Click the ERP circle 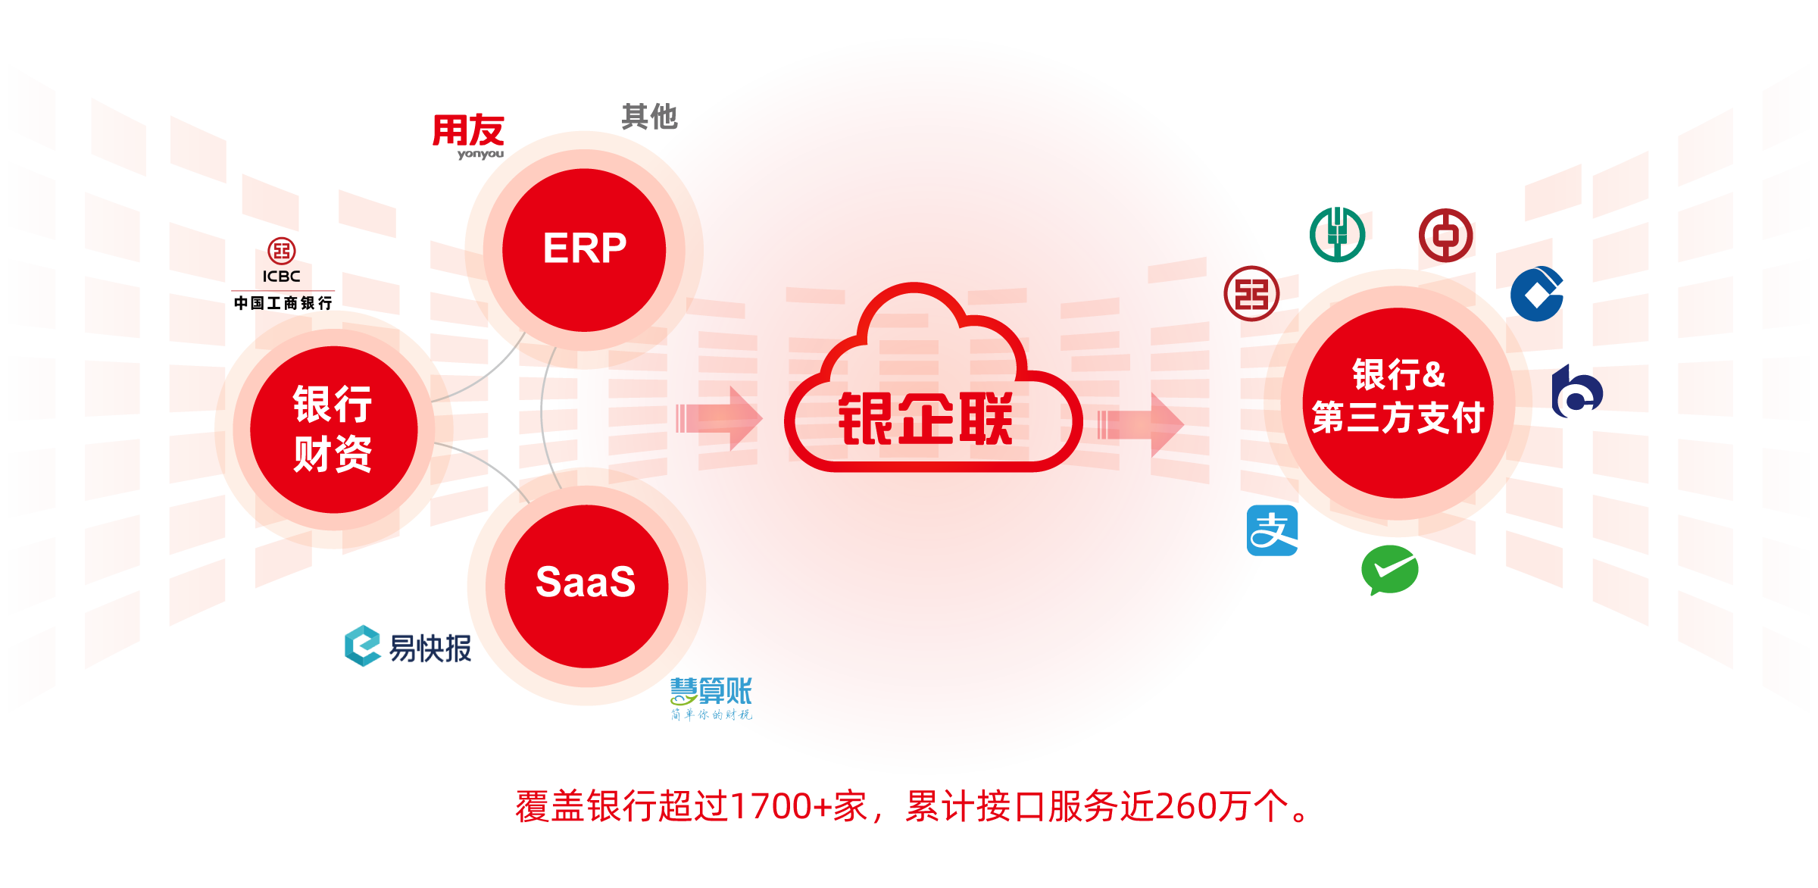click(584, 249)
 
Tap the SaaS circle click(586, 584)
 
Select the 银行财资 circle click(333, 429)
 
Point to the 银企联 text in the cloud click(925, 418)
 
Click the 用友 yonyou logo click(469, 136)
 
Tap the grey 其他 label click(649, 117)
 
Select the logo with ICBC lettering click(282, 261)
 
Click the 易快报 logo click(408, 646)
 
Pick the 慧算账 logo click(711, 698)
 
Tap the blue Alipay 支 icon click(1272, 530)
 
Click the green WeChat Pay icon click(1389, 570)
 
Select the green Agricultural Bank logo click(1337, 234)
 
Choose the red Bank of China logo click(1445, 236)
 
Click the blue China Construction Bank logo click(1537, 294)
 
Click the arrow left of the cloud click(720, 417)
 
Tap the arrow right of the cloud click(1141, 425)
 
